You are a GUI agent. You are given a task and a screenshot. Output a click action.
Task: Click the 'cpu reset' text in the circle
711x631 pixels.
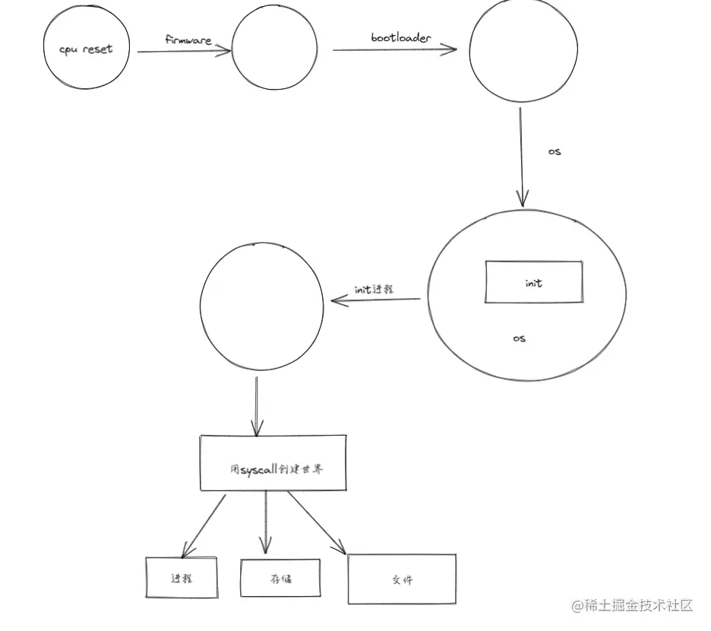pyautogui.click(x=86, y=49)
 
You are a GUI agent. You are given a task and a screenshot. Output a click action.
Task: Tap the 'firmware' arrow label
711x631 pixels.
pyautogui.click(x=188, y=39)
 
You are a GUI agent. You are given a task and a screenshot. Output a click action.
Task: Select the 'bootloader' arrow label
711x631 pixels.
pyautogui.click(x=400, y=37)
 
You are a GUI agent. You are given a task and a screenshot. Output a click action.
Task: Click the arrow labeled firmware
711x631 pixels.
pyautogui.click(x=185, y=52)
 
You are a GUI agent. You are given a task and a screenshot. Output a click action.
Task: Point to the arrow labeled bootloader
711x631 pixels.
pyautogui.click(x=394, y=50)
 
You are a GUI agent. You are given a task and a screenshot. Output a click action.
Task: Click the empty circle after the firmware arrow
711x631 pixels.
pyautogui.click(x=275, y=50)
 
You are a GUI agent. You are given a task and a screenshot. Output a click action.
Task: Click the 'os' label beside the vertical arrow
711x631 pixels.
pyautogui.click(x=555, y=151)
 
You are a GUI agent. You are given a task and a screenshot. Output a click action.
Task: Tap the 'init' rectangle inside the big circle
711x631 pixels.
pyautogui.click(x=534, y=283)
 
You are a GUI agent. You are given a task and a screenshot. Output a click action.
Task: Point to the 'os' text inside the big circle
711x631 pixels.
pyautogui.click(x=520, y=338)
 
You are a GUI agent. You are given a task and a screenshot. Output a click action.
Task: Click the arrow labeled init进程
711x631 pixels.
pyautogui.click(x=376, y=301)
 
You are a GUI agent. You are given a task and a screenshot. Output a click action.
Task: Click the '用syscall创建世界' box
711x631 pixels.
pyautogui.click(x=273, y=463)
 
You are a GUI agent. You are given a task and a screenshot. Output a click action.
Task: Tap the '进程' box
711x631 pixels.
pyautogui.click(x=182, y=578)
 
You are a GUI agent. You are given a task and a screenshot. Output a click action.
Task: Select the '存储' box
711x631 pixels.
pyautogui.click(x=281, y=579)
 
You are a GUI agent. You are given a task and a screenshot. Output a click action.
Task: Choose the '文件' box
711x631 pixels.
pyautogui.click(x=402, y=579)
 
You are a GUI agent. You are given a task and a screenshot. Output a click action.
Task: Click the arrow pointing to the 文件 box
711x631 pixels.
pyautogui.click(x=315, y=522)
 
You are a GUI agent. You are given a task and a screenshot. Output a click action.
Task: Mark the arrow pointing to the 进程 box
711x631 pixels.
pyautogui.click(x=204, y=525)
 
